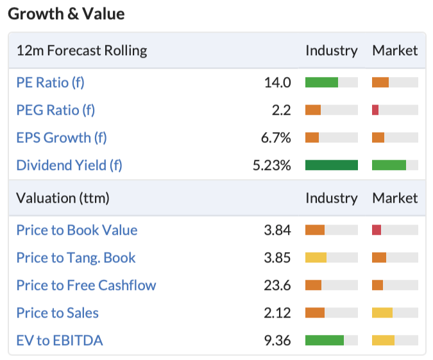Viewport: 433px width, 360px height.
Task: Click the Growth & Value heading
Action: click(x=66, y=14)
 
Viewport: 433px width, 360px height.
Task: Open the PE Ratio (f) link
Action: click(x=50, y=82)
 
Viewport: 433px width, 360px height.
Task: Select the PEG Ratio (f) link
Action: click(x=56, y=110)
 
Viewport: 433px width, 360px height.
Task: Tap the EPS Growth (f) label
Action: click(x=62, y=137)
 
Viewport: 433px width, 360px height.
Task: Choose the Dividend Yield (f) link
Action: click(x=69, y=165)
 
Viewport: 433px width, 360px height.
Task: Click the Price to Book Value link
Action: click(x=77, y=230)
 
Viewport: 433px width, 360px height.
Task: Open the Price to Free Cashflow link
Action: click(x=86, y=285)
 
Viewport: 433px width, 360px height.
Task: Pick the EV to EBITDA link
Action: click(x=60, y=340)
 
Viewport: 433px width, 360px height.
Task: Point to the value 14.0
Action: click(x=278, y=82)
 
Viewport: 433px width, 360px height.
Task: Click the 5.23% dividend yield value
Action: click(x=272, y=165)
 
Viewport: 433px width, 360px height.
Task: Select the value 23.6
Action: click(x=277, y=285)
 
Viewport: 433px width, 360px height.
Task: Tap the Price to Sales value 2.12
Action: click(x=277, y=313)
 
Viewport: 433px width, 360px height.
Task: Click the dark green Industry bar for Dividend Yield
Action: click(x=332, y=165)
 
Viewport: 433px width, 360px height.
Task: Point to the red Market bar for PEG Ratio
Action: click(x=375, y=110)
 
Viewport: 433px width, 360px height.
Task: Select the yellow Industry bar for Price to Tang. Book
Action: click(x=316, y=257)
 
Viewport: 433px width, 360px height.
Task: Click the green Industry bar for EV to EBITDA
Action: click(x=325, y=340)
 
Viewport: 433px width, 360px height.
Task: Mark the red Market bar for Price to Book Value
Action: click(x=377, y=230)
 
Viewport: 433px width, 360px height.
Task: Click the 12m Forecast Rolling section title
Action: click(x=81, y=51)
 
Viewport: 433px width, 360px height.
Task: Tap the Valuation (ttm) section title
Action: click(x=63, y=198)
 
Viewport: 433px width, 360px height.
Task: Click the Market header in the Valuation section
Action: click(x=395, y=198)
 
